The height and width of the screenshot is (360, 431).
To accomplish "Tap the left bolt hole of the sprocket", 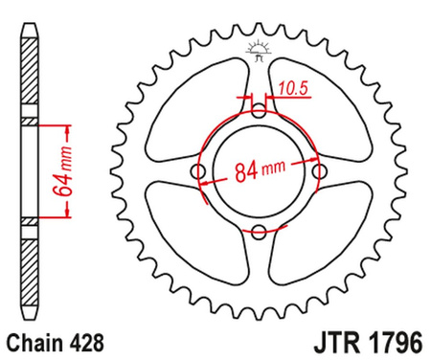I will point(198,171).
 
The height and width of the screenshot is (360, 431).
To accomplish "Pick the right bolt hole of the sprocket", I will point(318,171).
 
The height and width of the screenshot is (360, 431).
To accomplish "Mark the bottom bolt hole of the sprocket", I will point(259,231).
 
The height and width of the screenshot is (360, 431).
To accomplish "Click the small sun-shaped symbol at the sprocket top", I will point(258,48).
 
